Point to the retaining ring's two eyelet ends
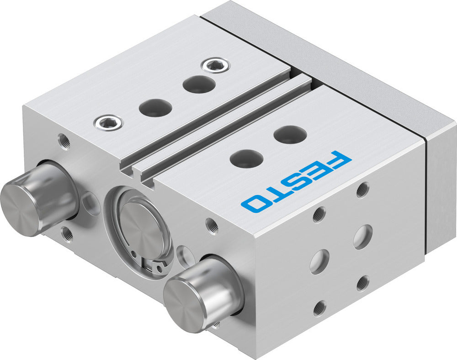(153, 265)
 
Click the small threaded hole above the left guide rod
(64, 141)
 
